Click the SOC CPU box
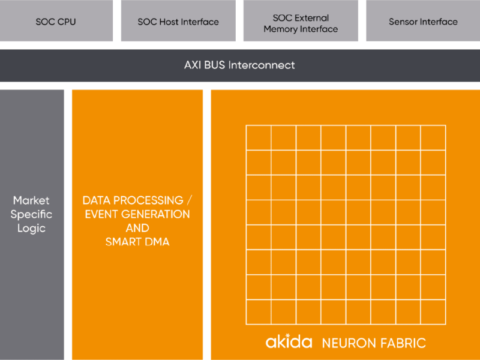[56, 22]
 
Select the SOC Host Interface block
[178, 22]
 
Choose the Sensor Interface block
[423, 22]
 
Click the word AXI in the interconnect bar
[193, 65]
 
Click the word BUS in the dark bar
[215, 65]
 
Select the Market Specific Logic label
[32, 214]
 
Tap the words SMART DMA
[137, 242]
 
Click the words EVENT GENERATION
[137, 214]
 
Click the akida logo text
[289, 342]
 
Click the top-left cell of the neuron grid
[259, 137]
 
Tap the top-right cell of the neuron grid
[433, 137]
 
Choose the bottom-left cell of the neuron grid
[259, 312]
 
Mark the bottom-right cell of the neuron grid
[433, 312]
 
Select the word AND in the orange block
[137, 228]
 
